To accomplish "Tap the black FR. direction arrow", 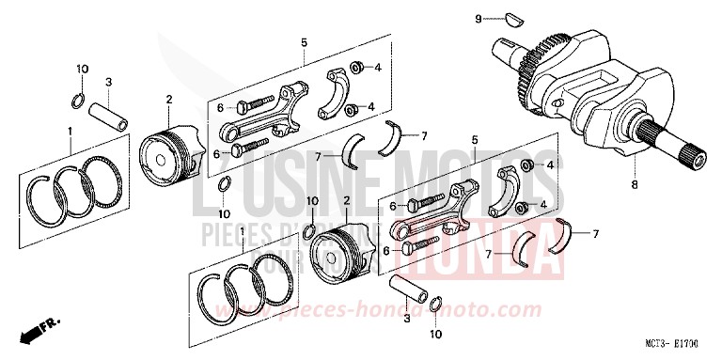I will click(35, 332).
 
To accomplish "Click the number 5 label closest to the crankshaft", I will click(473, 138).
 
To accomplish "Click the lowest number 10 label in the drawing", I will click(435, 333).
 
